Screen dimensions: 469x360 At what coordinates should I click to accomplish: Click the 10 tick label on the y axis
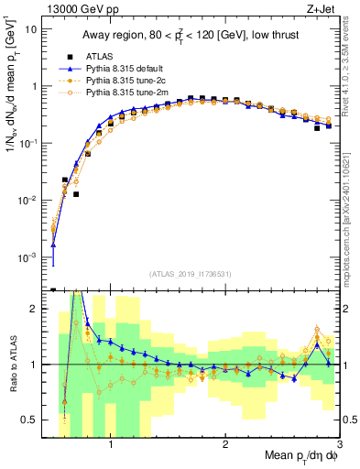pos(30,29)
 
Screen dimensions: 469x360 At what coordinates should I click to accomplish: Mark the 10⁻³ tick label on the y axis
pos(27,257)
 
